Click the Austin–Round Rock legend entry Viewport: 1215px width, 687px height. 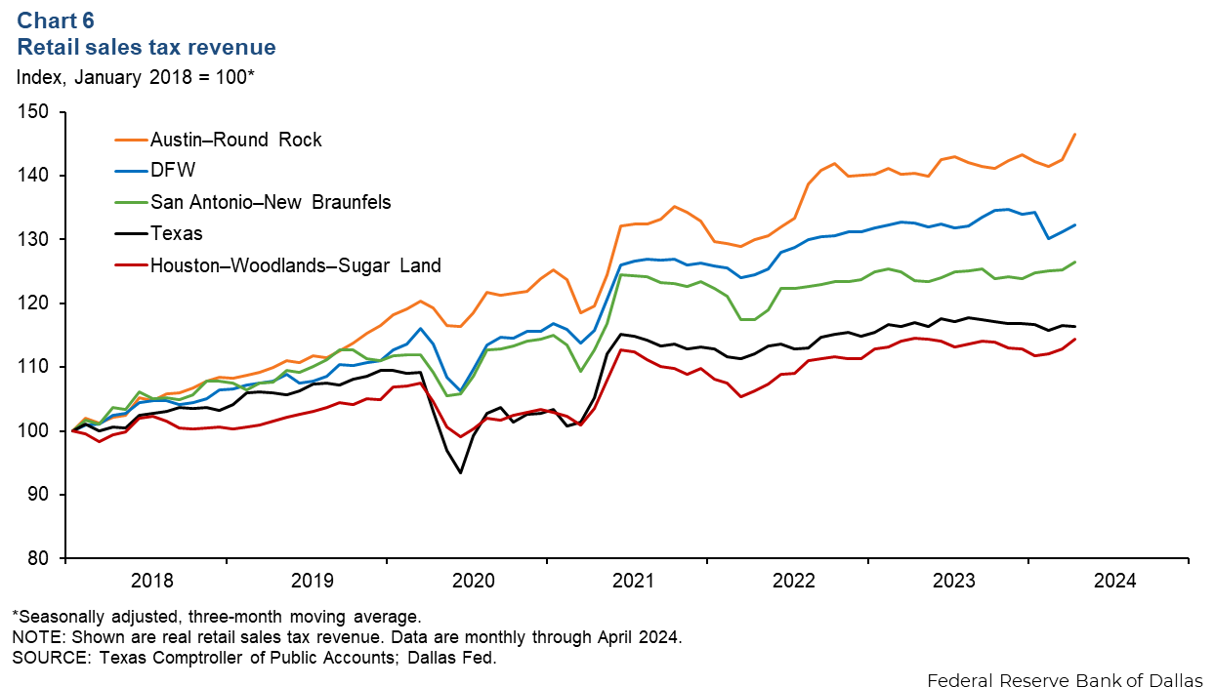[x=235, y=140]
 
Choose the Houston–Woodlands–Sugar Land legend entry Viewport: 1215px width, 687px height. [x=295, y=264]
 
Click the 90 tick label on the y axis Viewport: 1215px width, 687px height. [x=40, y=495]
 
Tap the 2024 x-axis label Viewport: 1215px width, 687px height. [x=1114, y=581]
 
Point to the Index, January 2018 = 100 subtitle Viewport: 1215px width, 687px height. [x=133, y=77]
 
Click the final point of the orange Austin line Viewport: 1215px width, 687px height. [x=1074, y=134]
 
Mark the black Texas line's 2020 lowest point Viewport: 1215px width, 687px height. [x=460, y=473]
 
